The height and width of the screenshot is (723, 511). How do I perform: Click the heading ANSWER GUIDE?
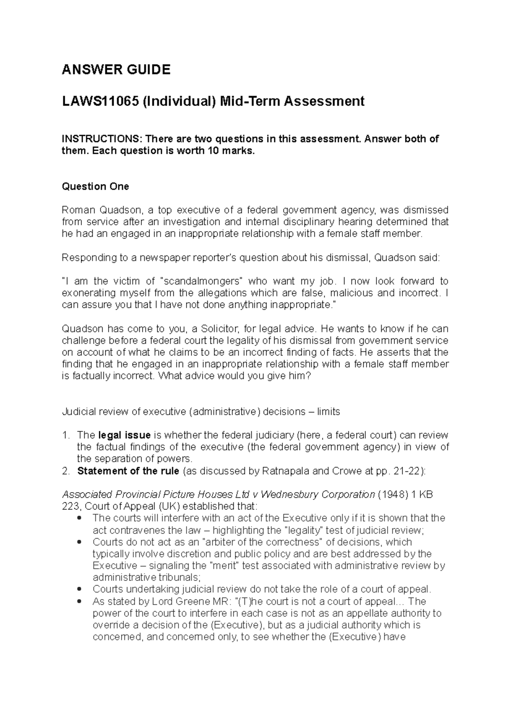click(x=116, y=69)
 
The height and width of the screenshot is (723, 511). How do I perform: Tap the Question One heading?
click(x=95, y=186)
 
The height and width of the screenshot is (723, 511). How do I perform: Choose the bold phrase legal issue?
click(x=124, y=435)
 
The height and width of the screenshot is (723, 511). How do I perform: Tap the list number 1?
click(x=65, y=435)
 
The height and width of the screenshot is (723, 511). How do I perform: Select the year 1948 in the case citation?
click(x=392, y=494)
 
